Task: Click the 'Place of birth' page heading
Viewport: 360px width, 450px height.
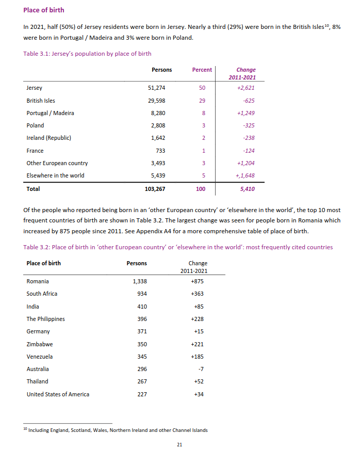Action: (44, 10)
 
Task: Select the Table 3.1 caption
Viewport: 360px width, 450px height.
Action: (87, 54)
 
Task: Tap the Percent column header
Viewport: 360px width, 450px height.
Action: (202, 70)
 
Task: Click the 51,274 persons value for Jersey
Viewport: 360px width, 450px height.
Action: (156, 88)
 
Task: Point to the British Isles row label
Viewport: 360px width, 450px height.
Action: (41, 101)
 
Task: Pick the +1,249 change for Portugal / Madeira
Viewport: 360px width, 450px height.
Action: (246, 113)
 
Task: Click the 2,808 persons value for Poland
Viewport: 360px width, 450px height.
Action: (158, 125)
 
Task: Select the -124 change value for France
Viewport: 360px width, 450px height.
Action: (248, 151)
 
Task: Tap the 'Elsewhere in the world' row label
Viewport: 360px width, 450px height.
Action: (55, 175)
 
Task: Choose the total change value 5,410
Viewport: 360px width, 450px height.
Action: (247, 189)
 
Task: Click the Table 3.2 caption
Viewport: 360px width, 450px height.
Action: (178, 247)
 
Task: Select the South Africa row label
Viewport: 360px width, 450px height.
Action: (42, 294)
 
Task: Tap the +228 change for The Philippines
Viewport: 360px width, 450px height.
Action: (197, 319)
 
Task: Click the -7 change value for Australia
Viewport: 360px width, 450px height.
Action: (201, 369)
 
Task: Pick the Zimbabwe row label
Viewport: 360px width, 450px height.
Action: (40, 344)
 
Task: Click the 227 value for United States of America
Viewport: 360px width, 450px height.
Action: (142, 394)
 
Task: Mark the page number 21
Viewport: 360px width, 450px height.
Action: (179, 445)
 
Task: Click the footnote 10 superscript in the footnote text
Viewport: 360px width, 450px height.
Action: (25, 429)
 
